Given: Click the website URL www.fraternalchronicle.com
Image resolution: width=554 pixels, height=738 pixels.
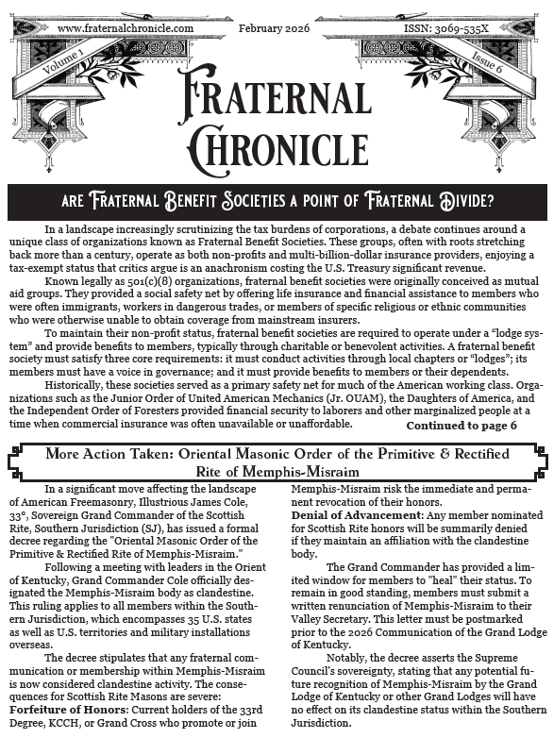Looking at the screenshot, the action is (x=125, y=28).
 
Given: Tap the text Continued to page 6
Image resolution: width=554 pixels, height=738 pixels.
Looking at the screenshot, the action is (x=462, y=425).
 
